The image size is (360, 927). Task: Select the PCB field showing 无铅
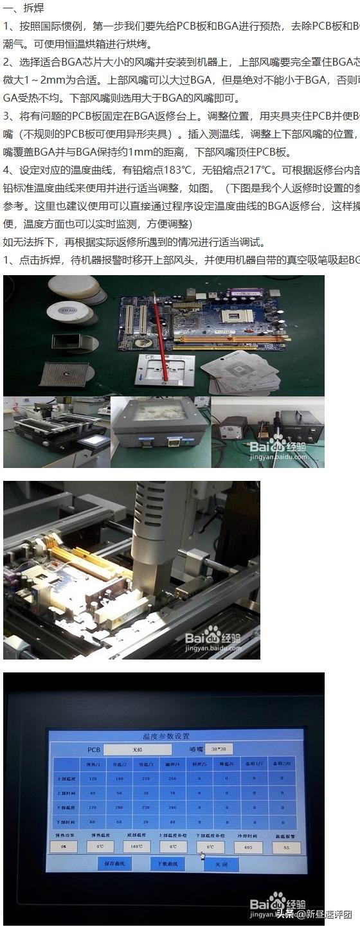click(x=138, y=750)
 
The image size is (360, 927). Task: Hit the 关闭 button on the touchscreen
click(x=221, y=865)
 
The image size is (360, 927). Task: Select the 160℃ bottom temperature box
click(x=136, y=847)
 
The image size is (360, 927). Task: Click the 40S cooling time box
click(x=248, y=847)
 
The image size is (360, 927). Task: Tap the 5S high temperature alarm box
click(x=286, y=847)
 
